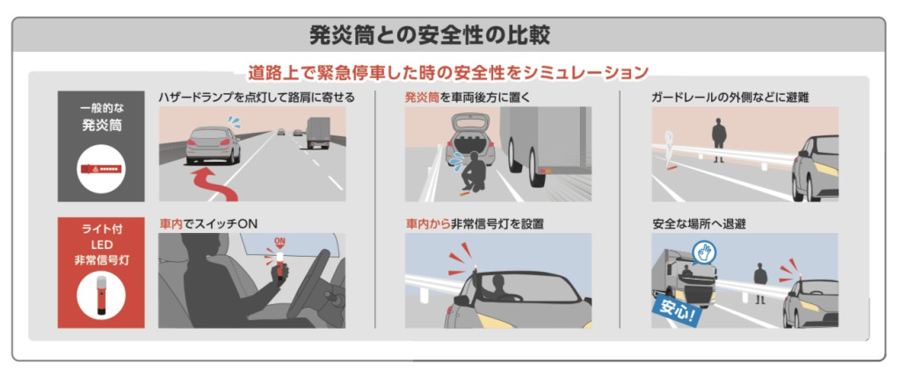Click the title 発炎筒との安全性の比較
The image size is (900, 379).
coord(429,35)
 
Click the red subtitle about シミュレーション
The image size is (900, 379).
coord(448,73)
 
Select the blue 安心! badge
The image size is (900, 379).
coord(676,310)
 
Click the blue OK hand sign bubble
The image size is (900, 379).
coord(704,253)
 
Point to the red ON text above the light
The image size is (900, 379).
coord(280,241)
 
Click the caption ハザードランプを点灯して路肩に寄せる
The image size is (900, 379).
coord(257,98)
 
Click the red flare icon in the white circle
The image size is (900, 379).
coord(101,170)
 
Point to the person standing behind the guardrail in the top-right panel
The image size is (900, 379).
coord(719,140)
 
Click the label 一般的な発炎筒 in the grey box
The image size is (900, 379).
coord(101,119)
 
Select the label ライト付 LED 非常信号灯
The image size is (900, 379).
coord(101,244)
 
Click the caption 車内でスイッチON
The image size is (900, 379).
coord(208,225)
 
